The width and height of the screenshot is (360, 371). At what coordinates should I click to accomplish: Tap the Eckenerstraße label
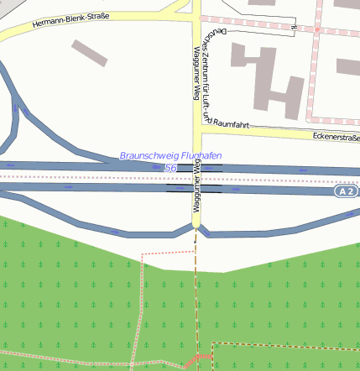coord(335,137)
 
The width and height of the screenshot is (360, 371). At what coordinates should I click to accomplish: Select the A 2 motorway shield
coord(346,192)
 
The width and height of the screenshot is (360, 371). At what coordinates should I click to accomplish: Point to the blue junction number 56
coord(170,168)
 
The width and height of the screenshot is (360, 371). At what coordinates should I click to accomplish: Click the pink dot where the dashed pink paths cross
coord(318,29)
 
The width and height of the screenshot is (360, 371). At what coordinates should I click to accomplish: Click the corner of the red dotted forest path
coord(143,252)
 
